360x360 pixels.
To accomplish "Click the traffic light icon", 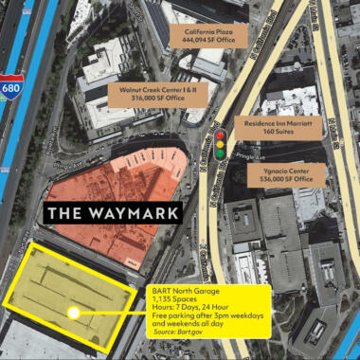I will tap(220, 144).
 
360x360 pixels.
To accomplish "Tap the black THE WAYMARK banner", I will tap(113, 212).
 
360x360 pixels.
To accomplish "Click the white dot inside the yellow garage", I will tap(72, 311).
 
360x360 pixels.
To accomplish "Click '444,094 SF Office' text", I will tap(214, 43).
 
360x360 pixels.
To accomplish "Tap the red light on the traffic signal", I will tap(220, 135).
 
